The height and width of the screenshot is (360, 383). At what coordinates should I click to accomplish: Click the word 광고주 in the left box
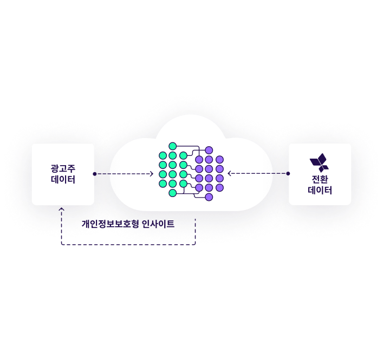point(63,168)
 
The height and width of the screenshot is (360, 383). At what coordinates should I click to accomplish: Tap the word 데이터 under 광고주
point(63,180)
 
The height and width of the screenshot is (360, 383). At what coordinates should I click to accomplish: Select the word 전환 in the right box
point(320,179)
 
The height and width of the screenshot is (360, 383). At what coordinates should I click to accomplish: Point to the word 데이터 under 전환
point(320,191)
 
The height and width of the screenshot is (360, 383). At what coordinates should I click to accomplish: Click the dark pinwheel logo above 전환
point(319,162)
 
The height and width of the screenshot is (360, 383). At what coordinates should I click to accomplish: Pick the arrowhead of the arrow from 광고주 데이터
point(151,174)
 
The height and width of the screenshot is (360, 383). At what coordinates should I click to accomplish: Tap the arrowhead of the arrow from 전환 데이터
point(230,174)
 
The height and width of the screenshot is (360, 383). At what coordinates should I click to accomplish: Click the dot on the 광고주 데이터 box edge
point(94,174)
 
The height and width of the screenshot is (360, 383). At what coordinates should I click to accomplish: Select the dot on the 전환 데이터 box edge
point(288,174)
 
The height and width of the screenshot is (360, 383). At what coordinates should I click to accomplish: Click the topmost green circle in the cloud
point(173,146)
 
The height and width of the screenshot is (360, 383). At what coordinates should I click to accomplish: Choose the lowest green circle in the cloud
point(173,193)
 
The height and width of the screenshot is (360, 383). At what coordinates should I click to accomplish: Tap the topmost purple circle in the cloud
point(209,150)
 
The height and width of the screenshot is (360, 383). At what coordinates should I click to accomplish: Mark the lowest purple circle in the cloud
point(209,197)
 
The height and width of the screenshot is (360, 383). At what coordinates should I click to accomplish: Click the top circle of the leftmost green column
point(163,155)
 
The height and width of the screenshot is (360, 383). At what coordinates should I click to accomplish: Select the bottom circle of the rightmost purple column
point(219,187)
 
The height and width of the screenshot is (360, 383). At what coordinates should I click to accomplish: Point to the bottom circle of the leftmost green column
point(163,184)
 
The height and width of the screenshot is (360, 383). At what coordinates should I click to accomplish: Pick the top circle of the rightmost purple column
point(219,160)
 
